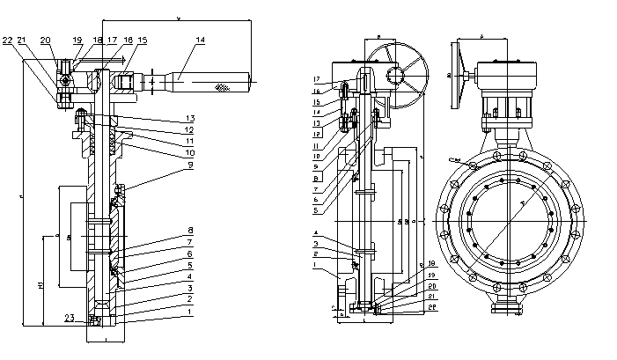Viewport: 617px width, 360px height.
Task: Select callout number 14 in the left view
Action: tap(200, 40)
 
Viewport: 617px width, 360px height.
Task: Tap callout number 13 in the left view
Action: tap(188, 119)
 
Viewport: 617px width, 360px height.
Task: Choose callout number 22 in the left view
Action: tap(7, 40)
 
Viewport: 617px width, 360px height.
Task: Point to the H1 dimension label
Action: tap(43, 285)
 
